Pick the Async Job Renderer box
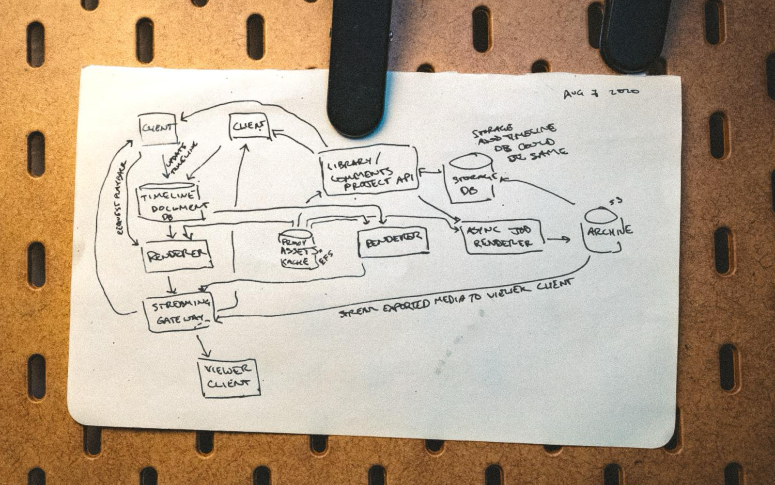point(502,237)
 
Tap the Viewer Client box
point(229,377)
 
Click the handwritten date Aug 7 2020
point(601,92)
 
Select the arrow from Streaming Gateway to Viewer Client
point(204,346)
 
